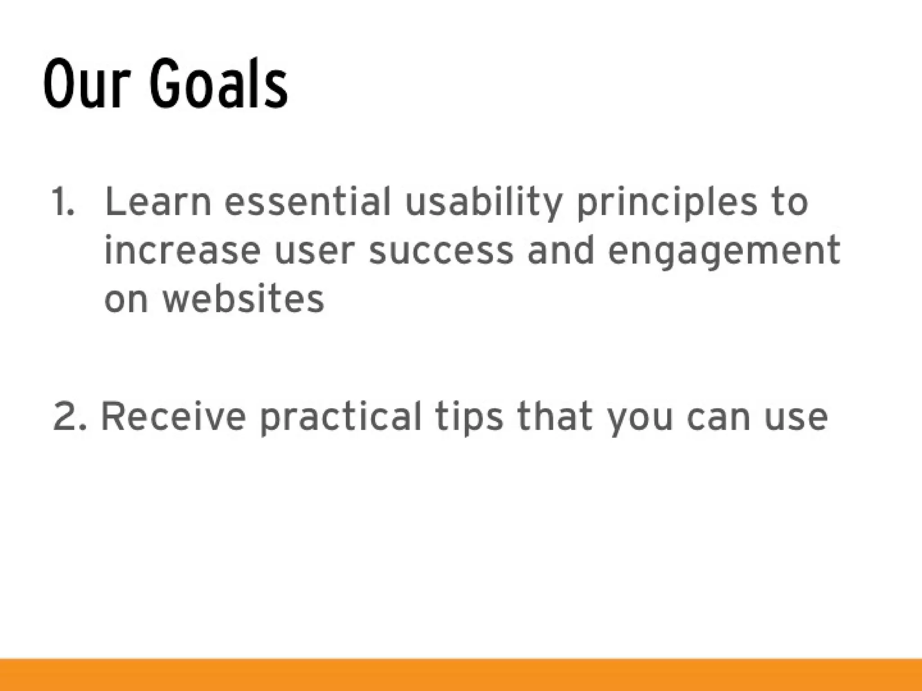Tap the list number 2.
tap(69, 417)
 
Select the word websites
tap(243, 299)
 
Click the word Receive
tap(173, 417)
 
